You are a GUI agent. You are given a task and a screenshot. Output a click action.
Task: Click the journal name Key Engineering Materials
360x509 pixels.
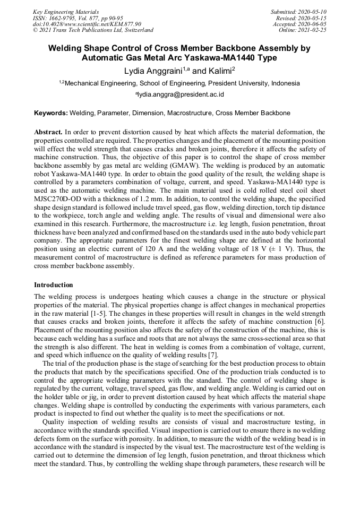click(x=66, y=11)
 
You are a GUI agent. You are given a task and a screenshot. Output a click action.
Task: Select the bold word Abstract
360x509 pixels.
click(x=48, y=132)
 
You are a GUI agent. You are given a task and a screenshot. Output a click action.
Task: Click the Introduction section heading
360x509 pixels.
click(x=54, y=285)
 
